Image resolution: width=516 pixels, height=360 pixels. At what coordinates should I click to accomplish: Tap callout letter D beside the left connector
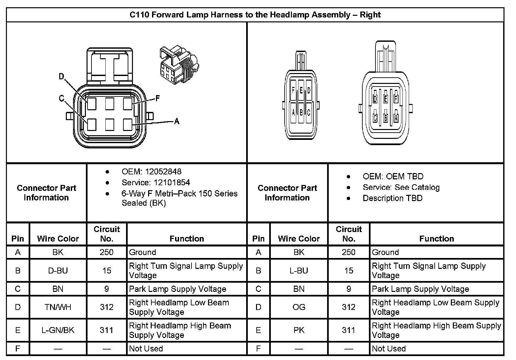click(x=61, y=77)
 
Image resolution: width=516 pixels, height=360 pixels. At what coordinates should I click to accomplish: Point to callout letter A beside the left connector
click(x=177, y=121)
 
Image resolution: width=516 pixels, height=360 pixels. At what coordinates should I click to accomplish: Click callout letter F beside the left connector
click(x=158, y=98)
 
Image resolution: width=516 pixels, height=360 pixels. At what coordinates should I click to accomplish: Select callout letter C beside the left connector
click(x=62, y=98)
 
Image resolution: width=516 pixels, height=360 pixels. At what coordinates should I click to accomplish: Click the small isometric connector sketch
click(x=179, y=64)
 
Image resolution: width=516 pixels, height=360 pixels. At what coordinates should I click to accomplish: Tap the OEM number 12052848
click(x=163, y=171)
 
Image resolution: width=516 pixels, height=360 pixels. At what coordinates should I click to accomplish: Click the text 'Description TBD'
click(x=393, y=198)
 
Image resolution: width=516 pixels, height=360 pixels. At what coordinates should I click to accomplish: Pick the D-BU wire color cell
click(x=58, y=270)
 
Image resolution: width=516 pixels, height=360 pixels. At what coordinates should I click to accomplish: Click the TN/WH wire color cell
click(x=58, y=307)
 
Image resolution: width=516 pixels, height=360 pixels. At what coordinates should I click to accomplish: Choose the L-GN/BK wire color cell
click(x=58, y=330)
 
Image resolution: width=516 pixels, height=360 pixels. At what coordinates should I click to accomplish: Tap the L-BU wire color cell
click(x=299, y=270)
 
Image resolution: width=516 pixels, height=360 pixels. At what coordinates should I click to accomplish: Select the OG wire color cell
click(x=299, y=307)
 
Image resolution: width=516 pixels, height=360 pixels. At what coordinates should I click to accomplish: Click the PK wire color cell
click(x=299, y=330)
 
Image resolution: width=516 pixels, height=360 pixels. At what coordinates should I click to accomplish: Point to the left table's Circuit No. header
click(x=107, y=234)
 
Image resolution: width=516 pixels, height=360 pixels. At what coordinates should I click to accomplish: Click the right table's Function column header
click(x=436, y=239)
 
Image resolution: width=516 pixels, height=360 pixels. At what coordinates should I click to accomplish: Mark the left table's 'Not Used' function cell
click(x=146, y=348)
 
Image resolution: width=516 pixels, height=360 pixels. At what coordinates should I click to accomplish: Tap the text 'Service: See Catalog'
click(x=401, y=187)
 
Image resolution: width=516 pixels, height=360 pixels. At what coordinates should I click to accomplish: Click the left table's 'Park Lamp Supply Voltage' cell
click(x=178, y=289)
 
